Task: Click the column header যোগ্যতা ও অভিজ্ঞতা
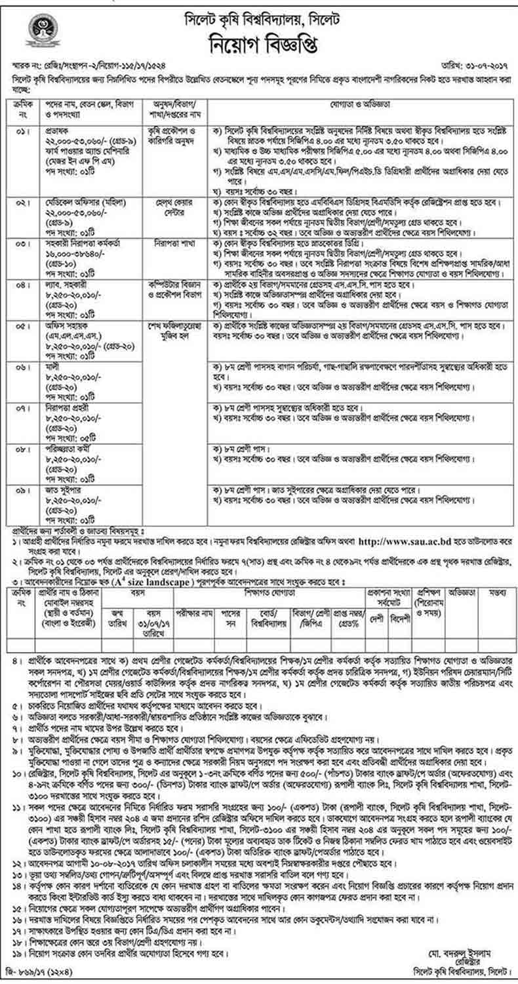(x=363, y=105)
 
